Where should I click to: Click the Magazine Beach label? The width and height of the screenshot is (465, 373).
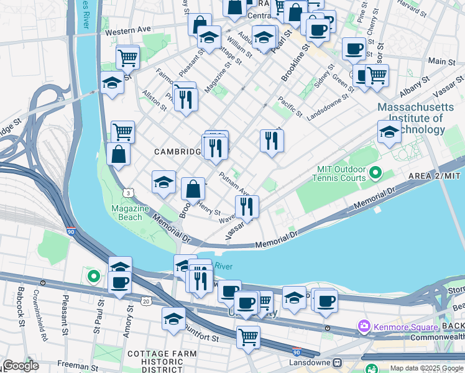pyautogui.click(x=130, y=213)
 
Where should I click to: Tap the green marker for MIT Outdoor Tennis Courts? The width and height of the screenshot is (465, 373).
pyautogui.click(x=374, y=172)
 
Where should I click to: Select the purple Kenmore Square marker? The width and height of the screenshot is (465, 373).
pyautogui.click(x=364, y=326)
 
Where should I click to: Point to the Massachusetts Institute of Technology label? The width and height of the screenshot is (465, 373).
pyautogui.click(x=411, y=118)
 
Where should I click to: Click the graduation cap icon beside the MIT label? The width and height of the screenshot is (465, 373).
pyautogui.click(x=389, y=132)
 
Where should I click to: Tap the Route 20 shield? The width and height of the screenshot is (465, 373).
pyautogui.click(x=145, y=301)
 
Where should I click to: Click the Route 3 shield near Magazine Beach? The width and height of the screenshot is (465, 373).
pyautogui.click(x=128, y=194)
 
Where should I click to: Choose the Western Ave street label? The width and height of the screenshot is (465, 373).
pyautogui.click(x=128, y=30)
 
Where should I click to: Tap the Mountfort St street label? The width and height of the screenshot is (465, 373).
pyautogui.click(x=200, y=336)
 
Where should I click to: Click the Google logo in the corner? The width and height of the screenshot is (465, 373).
pyautogui.click(x=21, y=366)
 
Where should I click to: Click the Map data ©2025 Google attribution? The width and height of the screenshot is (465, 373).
pyautogui.click(x=426, y=368)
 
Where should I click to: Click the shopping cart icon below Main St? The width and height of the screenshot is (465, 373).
pyautogui.click(x=377, y=76)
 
